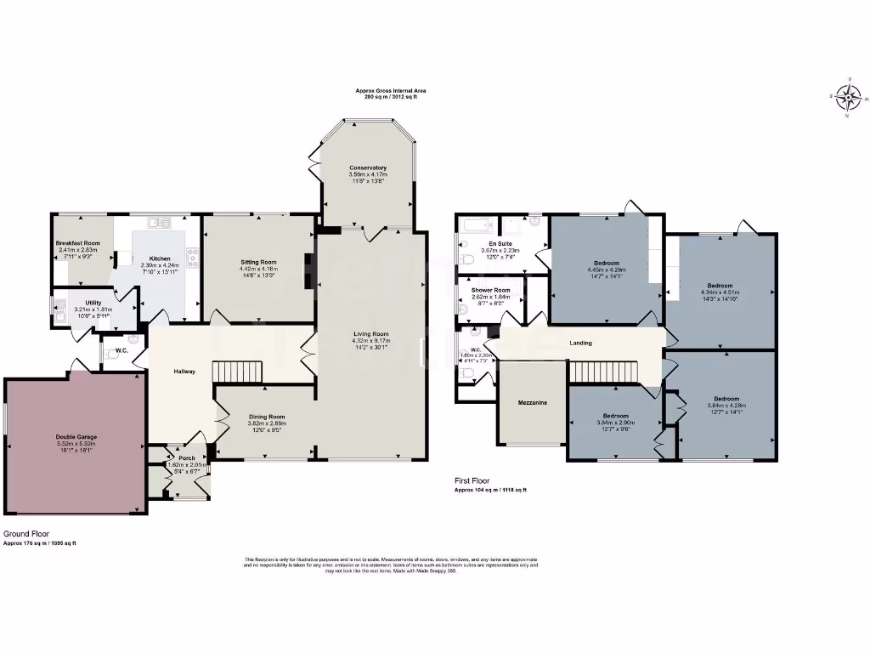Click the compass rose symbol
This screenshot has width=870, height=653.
[847, 98]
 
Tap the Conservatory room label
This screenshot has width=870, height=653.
[367, 168]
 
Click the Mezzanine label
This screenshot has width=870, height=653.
[532, 401]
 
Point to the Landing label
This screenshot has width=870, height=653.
[580, 343]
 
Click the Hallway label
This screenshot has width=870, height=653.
[184, 371]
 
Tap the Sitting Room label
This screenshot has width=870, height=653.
[259, 263]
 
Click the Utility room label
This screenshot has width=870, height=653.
[93, 303]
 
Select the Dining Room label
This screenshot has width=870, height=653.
[266, 417]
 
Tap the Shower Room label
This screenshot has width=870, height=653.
[491, 290]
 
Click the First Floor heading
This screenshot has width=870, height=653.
[472, 481]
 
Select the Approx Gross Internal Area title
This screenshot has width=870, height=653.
[391, 90]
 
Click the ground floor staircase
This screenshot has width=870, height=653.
[239, 371]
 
